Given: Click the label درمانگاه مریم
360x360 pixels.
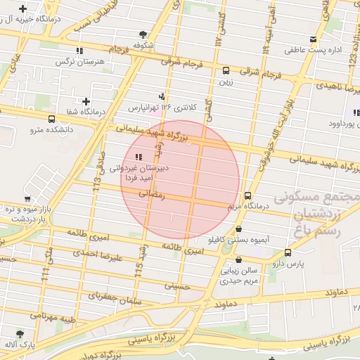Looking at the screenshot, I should click(249, 207).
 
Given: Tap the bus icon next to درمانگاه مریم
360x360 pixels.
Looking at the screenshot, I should click(247, 195).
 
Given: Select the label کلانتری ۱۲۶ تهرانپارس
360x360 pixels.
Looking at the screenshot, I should click(160, 108).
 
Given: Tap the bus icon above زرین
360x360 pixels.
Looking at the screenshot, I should click(226, 70).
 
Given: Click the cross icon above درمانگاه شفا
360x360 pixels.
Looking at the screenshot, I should click(86, 102).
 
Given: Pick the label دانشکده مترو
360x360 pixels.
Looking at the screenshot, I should click(51, 130).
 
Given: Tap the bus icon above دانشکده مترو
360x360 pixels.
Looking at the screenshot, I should click(52, 119).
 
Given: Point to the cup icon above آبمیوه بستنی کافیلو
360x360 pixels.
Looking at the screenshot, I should click(240, 229).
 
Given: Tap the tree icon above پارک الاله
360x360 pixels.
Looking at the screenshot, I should click(19, 335).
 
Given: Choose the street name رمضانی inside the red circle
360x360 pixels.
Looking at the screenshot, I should click(151, 194).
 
